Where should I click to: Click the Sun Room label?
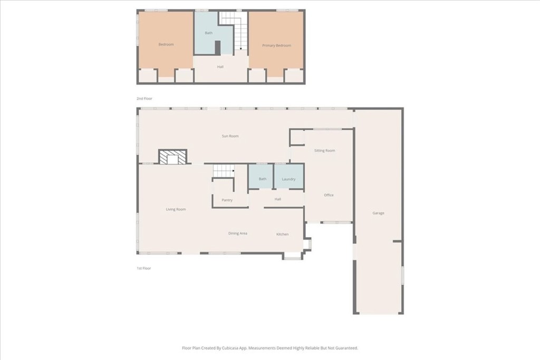(230, 136)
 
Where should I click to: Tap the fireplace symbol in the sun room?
(172, 157)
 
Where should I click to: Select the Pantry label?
(227, 200)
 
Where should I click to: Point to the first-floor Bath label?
(263, 179)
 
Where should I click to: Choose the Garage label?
(378, 213)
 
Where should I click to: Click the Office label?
(329, 195)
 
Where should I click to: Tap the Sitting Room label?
(324, 151)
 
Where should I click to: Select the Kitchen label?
(283, 234)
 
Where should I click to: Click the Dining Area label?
(237, 233)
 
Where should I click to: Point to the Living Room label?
(176, 209)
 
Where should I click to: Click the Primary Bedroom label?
(276, 46)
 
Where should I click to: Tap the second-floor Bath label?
(209, 33)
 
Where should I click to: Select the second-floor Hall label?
(220, 67)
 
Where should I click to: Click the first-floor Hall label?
(278, 199)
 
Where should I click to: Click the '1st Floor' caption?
(143, 268)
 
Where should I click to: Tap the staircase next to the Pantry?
(224, 171)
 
